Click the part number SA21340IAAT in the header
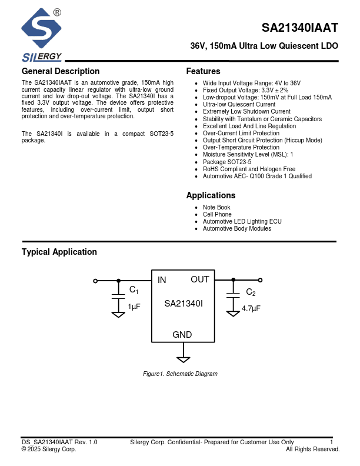tap(300, 28)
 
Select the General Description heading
tap(61, 72)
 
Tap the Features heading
tap(203, 72)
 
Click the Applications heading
tap(211, 195)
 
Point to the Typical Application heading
tap(59, 252)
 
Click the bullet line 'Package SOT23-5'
tap(227, 162)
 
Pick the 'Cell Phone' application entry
tap(217, 215)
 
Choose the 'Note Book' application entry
tap(216, 208)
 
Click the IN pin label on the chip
tap(162, 280)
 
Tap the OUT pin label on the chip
tap(200, 279)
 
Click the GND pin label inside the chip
tap(182, 335)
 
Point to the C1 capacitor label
tap(134, 290)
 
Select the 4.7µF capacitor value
tap(251, 308)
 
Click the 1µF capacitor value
tap(134, 307)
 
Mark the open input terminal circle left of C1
tap(95, 281)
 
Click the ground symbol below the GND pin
tap(183, 358)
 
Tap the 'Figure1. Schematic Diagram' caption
tap(180, 374)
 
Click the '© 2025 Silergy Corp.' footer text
tap(49, 449)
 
